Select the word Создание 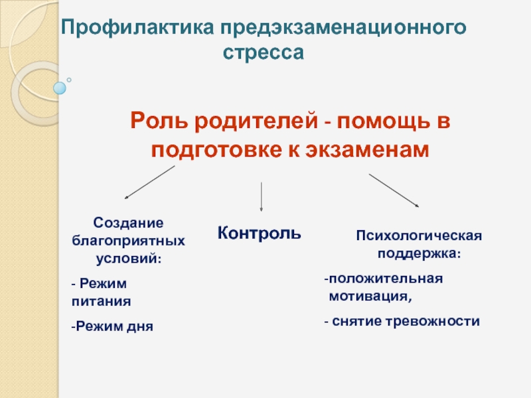click(x=128, y=224)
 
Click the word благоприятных click(x=128, y=240)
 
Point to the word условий click(x=127, y=257)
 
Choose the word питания click(x=101, y=300)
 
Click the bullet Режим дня click(x=113, y=326)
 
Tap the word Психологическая click(x=419, y=236)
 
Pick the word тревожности click(x=441, y=321)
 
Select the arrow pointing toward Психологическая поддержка click(x=394, y=190)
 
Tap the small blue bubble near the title click(x=60, y=87)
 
